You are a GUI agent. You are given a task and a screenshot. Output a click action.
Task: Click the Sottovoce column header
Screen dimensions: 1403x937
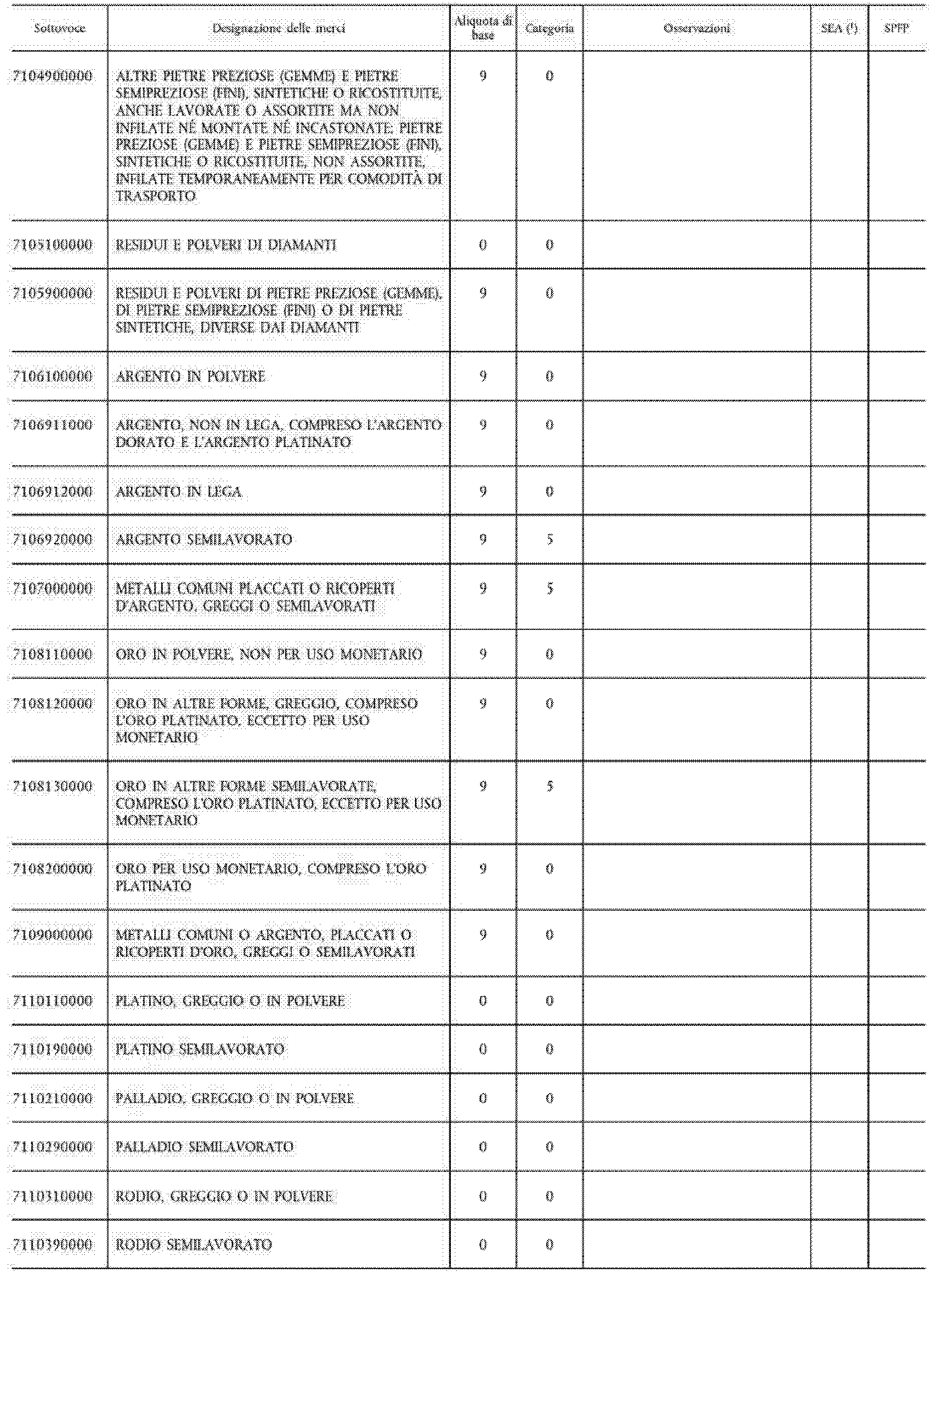pyautogui.click(x=59, y=28)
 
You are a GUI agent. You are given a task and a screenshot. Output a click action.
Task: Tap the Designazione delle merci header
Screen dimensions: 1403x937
pyautogui.click(x=279, y=28)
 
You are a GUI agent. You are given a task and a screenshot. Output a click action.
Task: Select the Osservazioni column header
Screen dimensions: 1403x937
pyautogui.click(x=697, y=28)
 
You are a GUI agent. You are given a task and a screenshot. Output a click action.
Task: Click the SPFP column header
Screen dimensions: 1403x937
pyautogui.click(x=896, y=28)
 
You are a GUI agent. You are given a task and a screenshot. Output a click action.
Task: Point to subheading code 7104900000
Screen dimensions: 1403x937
pyautogui.click(x=53, y=77)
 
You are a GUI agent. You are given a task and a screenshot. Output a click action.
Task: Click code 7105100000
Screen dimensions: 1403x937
pyautogui.click(x=53, y=245)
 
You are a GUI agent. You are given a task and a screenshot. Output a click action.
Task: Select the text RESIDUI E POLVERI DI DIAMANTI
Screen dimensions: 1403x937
pyautogui.click(x=226, y=245)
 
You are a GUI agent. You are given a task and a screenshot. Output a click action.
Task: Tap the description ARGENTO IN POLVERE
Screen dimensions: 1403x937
pyautogui.click(x=190, y=377)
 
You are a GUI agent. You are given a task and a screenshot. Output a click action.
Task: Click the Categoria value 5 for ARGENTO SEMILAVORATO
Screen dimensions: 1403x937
pyautogui.click(x=549, y=540)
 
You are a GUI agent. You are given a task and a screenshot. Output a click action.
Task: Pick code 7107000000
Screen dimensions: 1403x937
pyautogui.click(x=53, y=589)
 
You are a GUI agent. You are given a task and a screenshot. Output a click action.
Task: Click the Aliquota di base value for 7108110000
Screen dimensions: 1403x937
pyautogui.click(x=483, y=654)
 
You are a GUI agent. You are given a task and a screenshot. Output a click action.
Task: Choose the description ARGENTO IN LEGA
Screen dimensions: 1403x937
pyautogui.click(x=179, y=492)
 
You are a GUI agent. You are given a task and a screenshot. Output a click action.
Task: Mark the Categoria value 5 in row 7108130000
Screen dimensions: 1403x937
pyautogui.click(x=549, y=786)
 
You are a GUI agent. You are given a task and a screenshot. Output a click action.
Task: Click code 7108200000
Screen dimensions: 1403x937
pyautogui.click(x=53, y=869)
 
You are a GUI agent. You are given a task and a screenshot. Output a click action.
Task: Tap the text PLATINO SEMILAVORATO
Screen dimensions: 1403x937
pyautogui.click(x=200, y=1049)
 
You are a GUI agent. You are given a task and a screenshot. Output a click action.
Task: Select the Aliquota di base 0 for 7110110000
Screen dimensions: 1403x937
pyautogui.click(x=483, y=1001)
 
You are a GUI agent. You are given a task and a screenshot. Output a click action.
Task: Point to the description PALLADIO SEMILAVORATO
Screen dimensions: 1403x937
pyautogui.click(x=204, y=1146)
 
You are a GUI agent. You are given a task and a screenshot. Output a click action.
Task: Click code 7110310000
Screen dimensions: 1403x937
pyautogui.click(x=53, y=1197)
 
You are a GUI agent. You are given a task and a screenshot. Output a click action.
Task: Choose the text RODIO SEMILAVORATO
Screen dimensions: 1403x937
pyautogui.click(x=194, y=1244)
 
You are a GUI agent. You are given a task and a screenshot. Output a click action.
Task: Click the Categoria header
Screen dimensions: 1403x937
pyautogui.click(x=549, y=28)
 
